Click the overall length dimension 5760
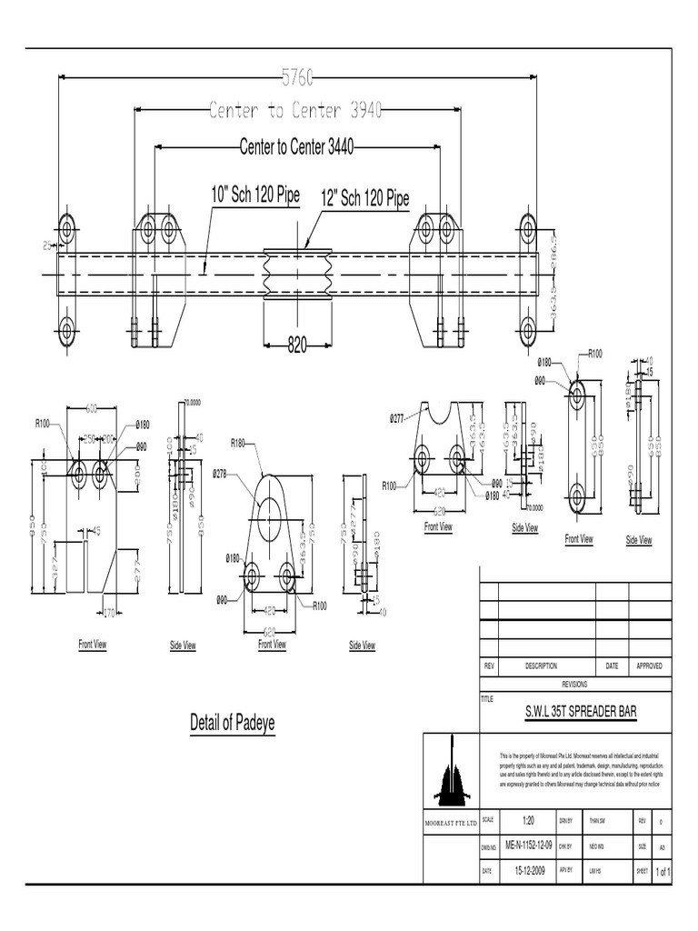pyautogui.click(x=295, y=79)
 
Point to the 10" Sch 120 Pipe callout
pyautogui.click(x=254, y=195)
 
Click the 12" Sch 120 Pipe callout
pyautogui.click(x=364, y=199)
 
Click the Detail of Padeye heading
pyautogui.click(x=232, y=723)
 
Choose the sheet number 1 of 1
pyautogui.click(x=663, y=871)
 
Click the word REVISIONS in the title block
pyautogui.click(x=575, y=684)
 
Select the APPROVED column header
pyautogui.click(x=649, y=666)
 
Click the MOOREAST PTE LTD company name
pyautogui.click(x=451, y=822)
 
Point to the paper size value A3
pyautogui.click(x=663, y=846)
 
